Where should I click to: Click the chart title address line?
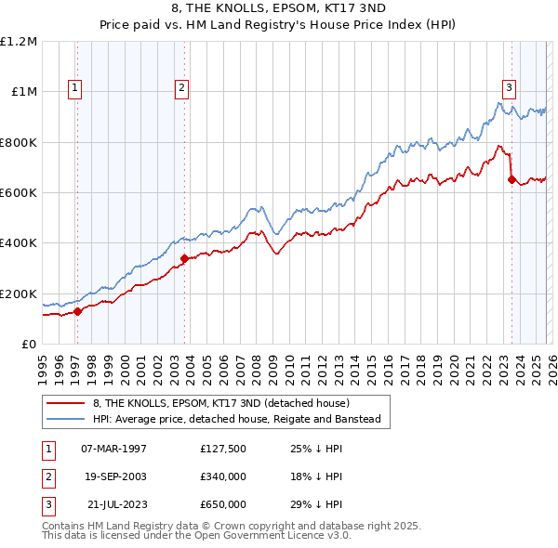pos(279,8)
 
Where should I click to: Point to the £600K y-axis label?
pos(19,193)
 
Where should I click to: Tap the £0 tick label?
pos(30,345)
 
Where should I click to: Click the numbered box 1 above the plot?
pos(75,88)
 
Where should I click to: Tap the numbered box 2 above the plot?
pos(181,88)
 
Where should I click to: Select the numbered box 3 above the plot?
pos(510,88)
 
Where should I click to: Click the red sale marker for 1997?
pos(78,312)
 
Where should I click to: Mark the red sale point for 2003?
pos(184,258)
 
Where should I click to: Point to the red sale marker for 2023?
pos(511,180)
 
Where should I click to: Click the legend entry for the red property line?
pos(220,403)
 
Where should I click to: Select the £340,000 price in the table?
pos(222,476)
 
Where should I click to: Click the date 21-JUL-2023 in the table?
pos(113,504)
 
